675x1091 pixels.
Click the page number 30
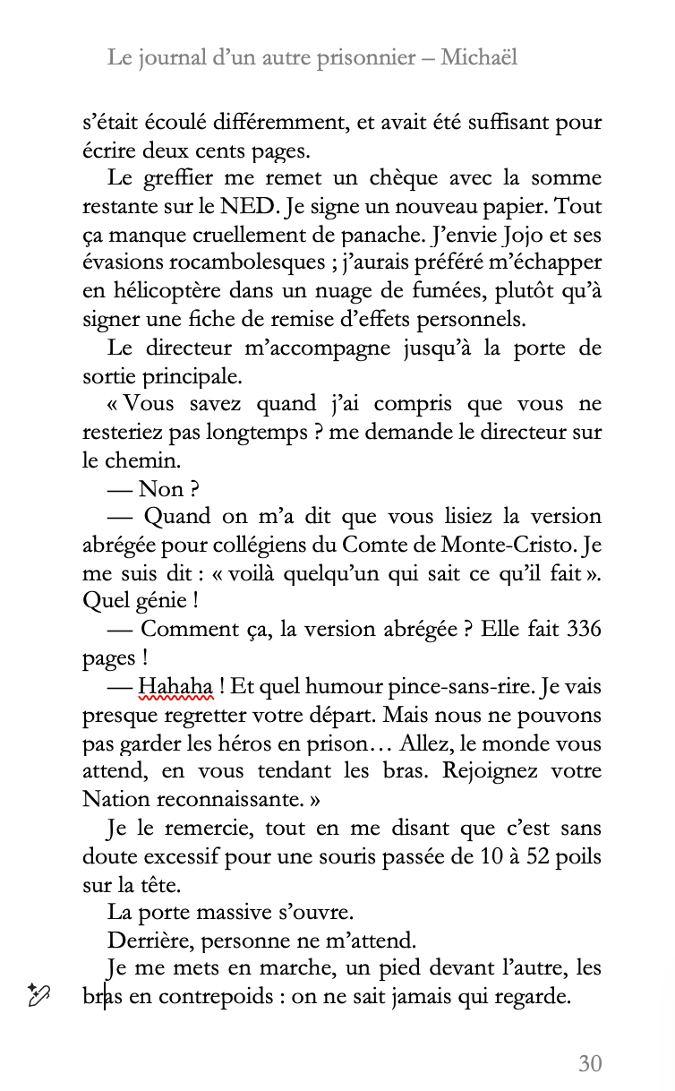[x=589, y=1063]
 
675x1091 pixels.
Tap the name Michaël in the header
[x=479, y=58]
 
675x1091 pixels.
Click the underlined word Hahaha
[x=176, y=687]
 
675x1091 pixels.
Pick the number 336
[x=585, y=629]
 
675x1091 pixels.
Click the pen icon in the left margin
[x=39, y=994]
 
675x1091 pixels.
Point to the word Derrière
[x=149, y=941]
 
